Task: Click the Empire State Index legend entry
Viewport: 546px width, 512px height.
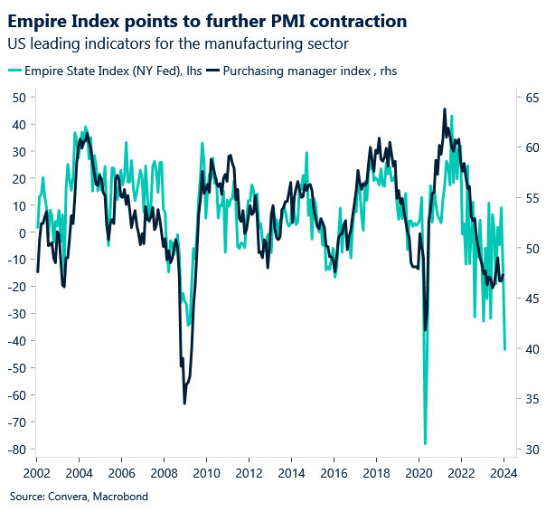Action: click(x=108, y=70)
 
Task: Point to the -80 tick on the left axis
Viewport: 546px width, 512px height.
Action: click(x=16, y=450)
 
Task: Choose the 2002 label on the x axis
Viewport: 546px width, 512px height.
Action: click(x=36, y=473)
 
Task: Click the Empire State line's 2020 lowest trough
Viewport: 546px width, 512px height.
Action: click(x=425, y=444)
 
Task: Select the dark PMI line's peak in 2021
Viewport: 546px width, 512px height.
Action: click(x=444, y=109)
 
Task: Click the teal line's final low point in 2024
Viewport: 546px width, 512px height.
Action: click(x=504, y=349)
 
